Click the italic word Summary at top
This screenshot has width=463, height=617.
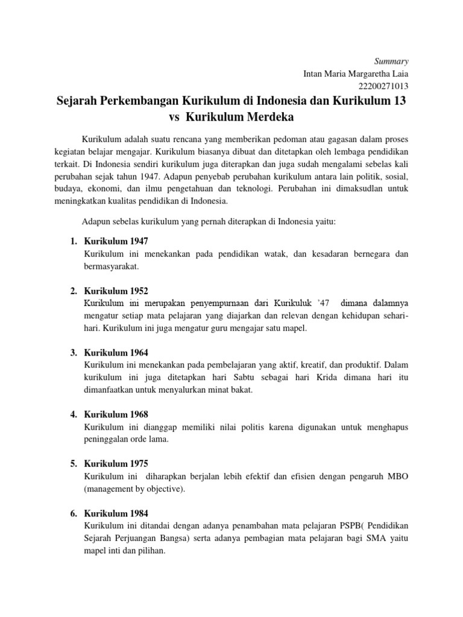click(x=392, y=61)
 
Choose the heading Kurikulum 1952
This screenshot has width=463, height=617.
click(x=116, y=291)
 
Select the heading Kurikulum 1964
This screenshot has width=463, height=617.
click(x=116, y=352)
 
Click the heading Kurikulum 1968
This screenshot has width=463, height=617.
click(x=116, y=415)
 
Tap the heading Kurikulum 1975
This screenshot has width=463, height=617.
click(x=116, y=464)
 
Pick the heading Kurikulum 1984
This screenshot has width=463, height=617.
click(x=116, y=514)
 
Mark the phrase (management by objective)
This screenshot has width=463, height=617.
click(x=134, y=489)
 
